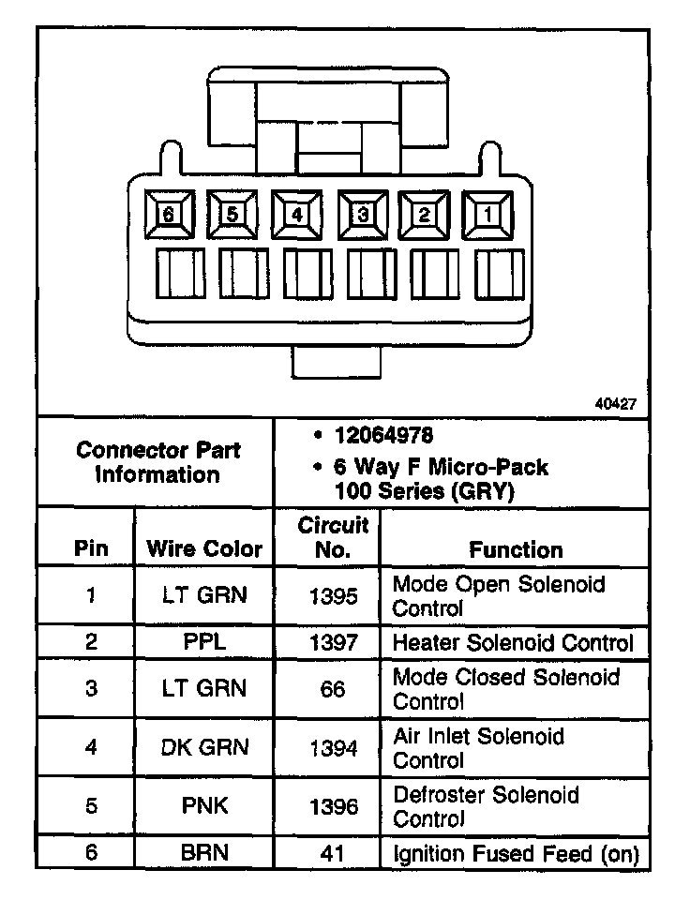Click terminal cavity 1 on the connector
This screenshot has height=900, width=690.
[488, 215]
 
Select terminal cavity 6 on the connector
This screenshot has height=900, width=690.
[168, 215]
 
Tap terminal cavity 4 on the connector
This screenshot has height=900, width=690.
[296, 215]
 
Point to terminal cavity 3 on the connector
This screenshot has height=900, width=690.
[361, 215]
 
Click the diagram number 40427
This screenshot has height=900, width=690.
[616, 405]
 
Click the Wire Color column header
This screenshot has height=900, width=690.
[204, 549]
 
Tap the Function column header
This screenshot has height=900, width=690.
[516, 549]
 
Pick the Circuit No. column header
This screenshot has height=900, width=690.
[333, 537]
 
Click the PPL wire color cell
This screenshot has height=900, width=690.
[204, 642]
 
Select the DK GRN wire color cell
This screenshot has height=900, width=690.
[204, 748]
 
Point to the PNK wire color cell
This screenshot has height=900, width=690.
[204, 805]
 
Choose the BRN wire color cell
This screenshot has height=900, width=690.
[204, 853]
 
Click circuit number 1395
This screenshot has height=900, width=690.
[333, 595]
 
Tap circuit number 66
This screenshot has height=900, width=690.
[333, 689]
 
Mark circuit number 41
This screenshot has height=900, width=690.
[333, 853]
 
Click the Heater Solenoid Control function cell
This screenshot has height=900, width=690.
[513, 642]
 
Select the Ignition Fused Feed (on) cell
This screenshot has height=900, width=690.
[516, 853]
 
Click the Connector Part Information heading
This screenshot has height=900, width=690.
[157, 461]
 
